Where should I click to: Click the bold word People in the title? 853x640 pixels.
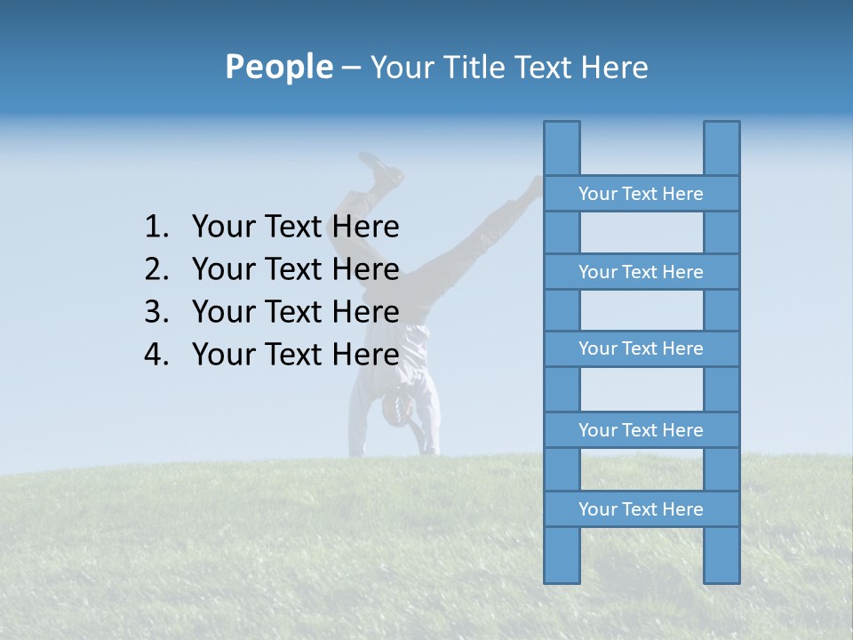(x=278, y=67)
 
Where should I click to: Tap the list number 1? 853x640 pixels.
(x=156, y=228)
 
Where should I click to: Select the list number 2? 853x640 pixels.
(x=156, y=269)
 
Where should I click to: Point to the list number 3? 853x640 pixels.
(x=156, y=312)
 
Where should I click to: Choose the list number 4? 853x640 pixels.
(x=156, y=355)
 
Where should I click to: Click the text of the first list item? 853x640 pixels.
(x=295, y=228)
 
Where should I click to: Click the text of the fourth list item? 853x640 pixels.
(x=295, y=355)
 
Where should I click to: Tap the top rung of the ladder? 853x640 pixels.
(x=641, y=194)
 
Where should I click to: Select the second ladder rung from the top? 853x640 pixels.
(x=641, y=272)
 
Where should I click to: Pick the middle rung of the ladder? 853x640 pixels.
(x=641, y=348)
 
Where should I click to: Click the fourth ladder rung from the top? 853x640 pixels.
(x=641, y=430)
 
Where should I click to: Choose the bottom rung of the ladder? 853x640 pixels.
(x=641, y=509)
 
